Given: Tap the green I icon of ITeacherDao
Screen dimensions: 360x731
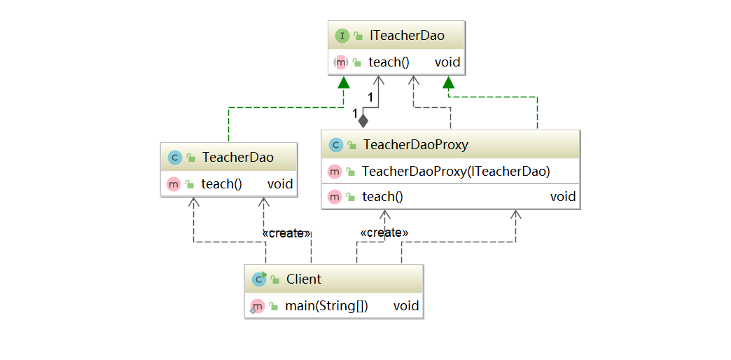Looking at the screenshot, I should pos(342,36).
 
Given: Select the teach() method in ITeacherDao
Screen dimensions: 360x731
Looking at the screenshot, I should pos(389,62).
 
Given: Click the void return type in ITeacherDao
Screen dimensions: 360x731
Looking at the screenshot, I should pos(447,62).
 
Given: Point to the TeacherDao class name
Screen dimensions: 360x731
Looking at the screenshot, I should pos(237,158).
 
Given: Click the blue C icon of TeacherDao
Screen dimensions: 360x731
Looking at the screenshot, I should pos(174,158).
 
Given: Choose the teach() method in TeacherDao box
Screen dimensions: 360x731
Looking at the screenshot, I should pos(221,184).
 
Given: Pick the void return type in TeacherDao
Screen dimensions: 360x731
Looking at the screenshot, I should pos(279,184).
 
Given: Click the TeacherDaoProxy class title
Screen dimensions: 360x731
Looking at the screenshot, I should pos(415,145).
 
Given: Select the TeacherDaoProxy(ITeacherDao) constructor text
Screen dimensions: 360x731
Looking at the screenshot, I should pos(456,171).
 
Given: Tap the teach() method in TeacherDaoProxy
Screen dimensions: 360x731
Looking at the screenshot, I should pos(382,197).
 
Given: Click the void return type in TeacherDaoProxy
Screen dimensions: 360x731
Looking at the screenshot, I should pos(562,197).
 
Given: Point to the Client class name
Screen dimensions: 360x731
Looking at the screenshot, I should pos(303,279).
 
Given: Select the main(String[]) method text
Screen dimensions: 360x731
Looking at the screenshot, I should pos(326,305).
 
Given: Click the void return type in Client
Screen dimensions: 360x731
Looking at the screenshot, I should pos(405,305).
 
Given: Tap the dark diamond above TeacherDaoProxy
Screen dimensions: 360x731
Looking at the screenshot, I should pos(363,120).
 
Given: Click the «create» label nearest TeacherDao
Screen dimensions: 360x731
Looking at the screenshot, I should pos(286,233).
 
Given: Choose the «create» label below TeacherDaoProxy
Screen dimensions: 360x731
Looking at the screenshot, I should pos(384,232).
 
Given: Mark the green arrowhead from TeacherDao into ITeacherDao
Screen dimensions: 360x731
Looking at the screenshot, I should pos(342,83).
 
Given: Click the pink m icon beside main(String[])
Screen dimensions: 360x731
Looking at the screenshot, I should pos(257,305).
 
